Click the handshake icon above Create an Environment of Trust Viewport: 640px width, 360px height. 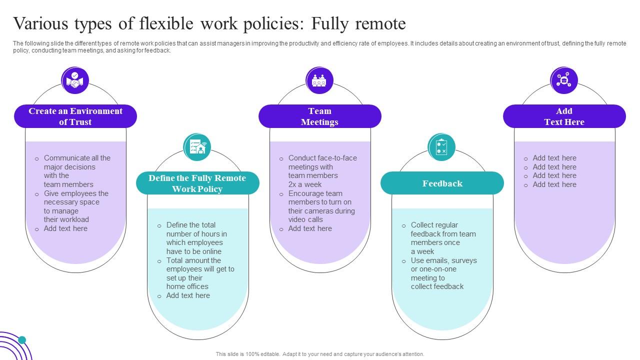[x=75, y=80]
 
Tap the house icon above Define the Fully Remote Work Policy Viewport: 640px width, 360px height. [x=197, y=147]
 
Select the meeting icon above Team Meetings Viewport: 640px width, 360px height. [x=319, y=80]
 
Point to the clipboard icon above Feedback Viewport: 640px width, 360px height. [x=441, y=147]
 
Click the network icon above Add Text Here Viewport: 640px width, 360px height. [x=564, y=80]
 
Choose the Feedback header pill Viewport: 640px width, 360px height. [x=442, y=183]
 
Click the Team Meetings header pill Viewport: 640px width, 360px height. [x=319, y=116]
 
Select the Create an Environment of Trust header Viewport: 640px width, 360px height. [x=75, y=116]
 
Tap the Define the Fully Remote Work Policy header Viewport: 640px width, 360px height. [x=197, y=183]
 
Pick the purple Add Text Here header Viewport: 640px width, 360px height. [x=564, y=116]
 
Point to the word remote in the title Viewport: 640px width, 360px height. [x=381, y=24]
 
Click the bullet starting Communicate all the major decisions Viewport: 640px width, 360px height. [x=77, y=171]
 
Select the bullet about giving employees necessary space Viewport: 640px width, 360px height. [x=76, y=206]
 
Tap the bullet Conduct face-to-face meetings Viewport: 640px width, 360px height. [x=322, y=171]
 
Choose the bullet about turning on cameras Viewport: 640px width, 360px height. [x=321, y=206]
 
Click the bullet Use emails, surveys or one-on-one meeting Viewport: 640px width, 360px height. [x=443, y=273]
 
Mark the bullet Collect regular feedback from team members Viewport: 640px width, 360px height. [x=443, y=238]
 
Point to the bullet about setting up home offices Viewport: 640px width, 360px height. [x=200, y=273]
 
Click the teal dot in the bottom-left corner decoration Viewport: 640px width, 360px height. [x=22, y=340]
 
